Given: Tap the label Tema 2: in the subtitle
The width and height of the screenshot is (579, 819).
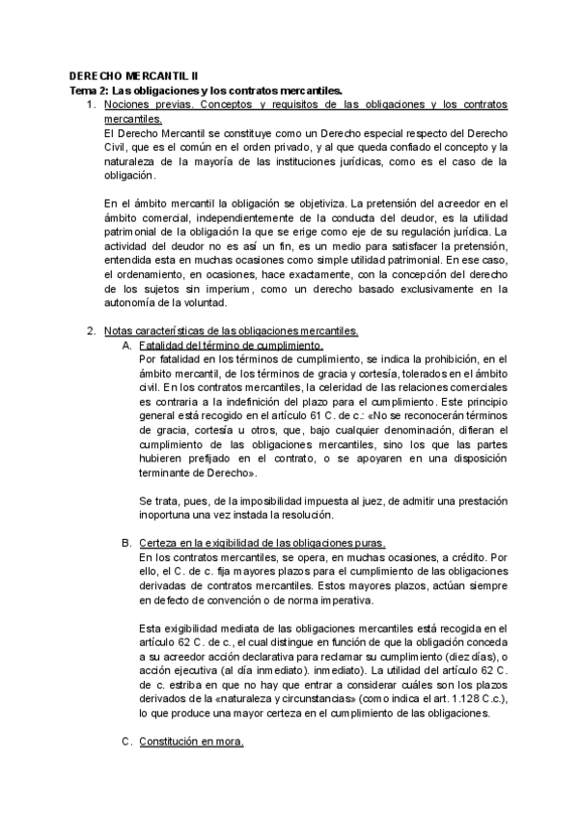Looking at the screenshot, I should pyautogui.click(x=93, y=89).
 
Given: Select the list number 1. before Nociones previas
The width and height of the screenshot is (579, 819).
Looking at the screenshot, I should pyautogui.click(x=91, y=103).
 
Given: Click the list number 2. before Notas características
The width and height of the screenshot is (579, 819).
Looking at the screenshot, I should pyautogui.click(x=91, y=331).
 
